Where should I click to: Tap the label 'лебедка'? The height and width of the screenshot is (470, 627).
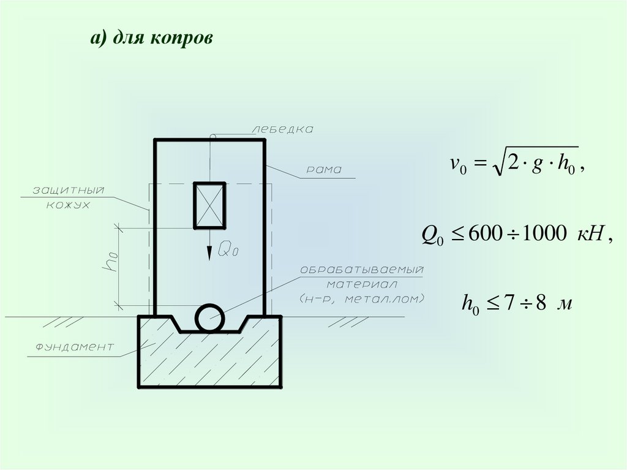[282, 129]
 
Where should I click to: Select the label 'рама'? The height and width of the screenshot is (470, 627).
[325, 170]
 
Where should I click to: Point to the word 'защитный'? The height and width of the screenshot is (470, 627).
[69, 191]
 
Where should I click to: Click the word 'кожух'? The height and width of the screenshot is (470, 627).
[68, 205]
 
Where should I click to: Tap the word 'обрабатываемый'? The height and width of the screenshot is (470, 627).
[362, 270]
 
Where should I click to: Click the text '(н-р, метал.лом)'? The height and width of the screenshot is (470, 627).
[362, 299]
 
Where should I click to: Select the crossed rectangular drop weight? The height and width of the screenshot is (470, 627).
[209, 205]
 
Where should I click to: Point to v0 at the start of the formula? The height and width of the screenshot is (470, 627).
[458, 164]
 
